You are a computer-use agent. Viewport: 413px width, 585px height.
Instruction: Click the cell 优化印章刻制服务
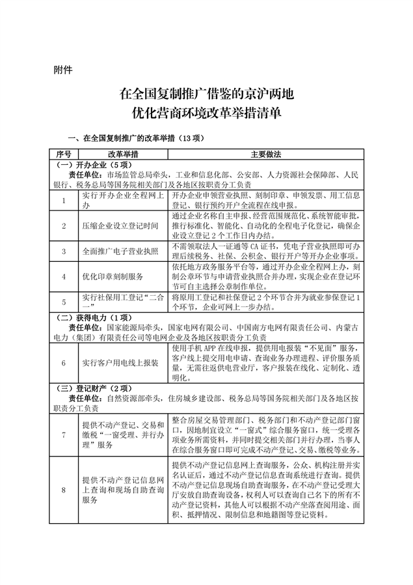pyautogui.click(x=113, y=276)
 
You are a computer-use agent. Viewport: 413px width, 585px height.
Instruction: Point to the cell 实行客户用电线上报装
pyautogui.click(x=120, y=363)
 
